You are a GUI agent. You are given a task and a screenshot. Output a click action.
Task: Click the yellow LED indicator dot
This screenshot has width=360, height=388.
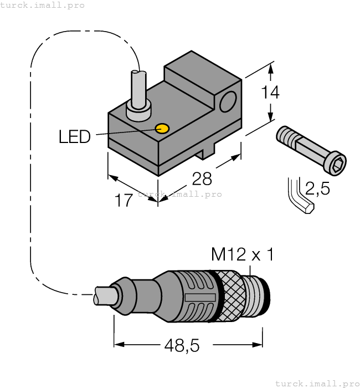pyautogui.click(x=162, y=129)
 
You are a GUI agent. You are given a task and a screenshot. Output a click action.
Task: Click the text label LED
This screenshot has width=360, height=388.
pyautogui.click(x=74, y=136)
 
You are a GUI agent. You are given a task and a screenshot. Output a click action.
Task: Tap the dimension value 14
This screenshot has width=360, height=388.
pyautogui.click(x=270, y=92)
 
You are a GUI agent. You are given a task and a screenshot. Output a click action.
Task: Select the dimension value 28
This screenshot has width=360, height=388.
pyautogui.click(x=202, y=178)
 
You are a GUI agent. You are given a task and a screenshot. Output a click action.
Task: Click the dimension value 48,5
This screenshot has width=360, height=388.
pyautogui.click(x=181, y=346)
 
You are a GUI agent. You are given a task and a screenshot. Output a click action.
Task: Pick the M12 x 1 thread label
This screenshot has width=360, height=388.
pyautogui.click(x=243, y=255)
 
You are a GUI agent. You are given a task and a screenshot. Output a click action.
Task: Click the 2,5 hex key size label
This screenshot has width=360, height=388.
pyautogui.click(x=317, y=189)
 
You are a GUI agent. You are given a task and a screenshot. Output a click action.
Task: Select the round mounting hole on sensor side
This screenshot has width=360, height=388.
pyautogui.click(x=228, y=103)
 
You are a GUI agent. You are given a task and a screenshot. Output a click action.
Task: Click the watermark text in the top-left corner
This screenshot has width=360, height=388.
pyautogui.click(x=43, y=5)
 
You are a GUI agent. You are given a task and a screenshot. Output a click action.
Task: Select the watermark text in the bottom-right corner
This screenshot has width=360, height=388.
pyautogui.click(x=317, y=383)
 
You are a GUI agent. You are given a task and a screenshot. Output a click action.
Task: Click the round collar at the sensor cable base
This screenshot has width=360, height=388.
pyautogui.click(x=138, y=110)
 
